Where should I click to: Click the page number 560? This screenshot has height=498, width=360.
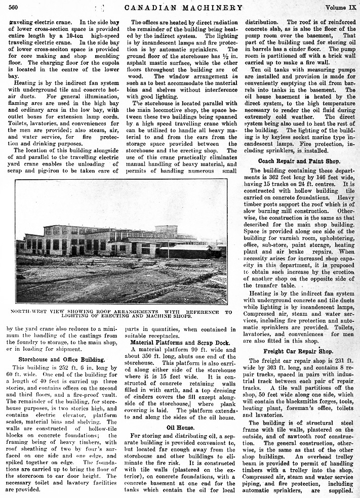pyautogui.click(x=13, y=7)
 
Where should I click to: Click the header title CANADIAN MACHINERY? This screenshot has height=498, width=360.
pyautogui.click(x=180, y=7)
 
